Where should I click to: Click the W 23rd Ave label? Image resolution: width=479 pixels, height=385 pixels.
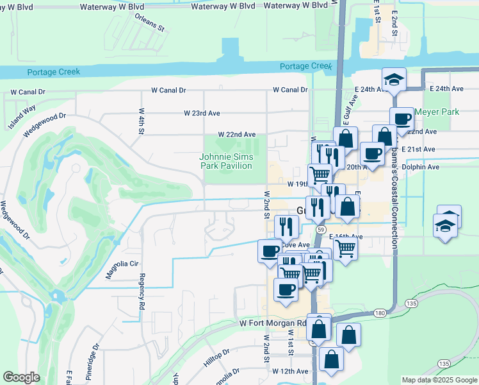pos(202,113)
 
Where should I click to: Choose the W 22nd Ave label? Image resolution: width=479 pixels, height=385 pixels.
pos(236,135)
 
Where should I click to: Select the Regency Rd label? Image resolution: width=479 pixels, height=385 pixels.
pos(141,293)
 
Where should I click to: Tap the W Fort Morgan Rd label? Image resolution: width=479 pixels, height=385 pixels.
pos(273,323)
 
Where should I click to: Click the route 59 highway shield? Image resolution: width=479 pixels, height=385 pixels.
pos(321,228)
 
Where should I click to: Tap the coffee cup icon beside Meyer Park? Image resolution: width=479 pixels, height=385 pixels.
pos(402,119)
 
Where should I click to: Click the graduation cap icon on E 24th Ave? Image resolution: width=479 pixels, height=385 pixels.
pos(394,80)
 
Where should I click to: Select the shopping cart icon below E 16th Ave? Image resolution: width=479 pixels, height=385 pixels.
pos(345,247)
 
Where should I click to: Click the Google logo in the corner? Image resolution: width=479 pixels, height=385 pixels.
pos(22,377)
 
